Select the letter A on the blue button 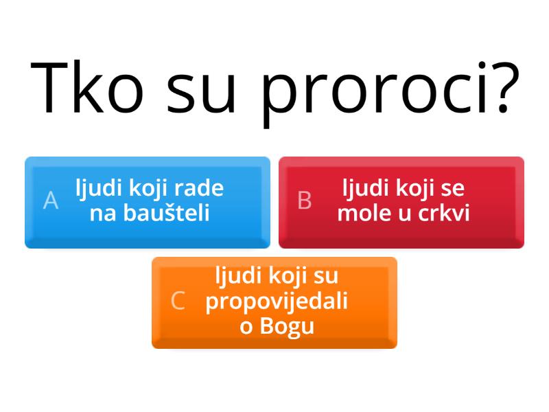point(51,201)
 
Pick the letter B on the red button point(305,201)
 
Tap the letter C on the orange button point(178,301)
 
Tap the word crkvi point(444,213)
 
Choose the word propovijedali point(277,301)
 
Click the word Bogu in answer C point(287,325)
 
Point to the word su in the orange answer point(326,276)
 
